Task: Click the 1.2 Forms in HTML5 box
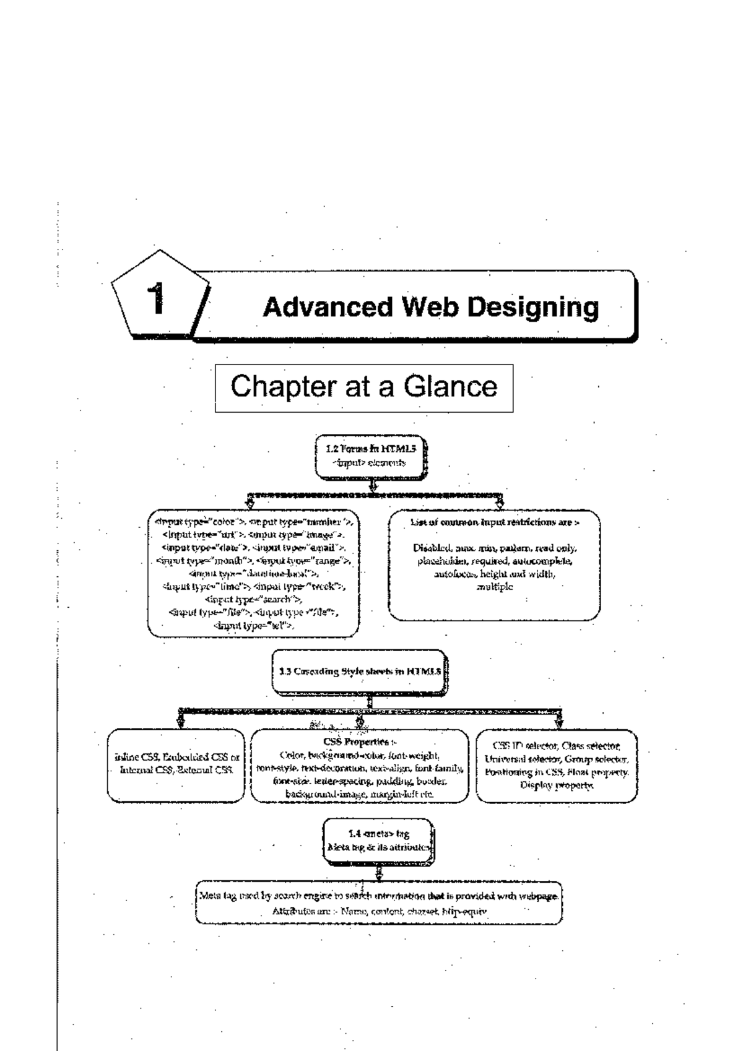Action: tap(370, 456)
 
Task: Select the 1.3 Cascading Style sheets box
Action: tap(359, 671)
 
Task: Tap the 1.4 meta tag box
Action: tap(378, 841)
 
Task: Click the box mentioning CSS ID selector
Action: tap(556, 765)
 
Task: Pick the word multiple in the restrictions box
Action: tap(494, 587)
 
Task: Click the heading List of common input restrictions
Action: tap(494, 522)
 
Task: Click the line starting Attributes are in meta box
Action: tap(380, 912)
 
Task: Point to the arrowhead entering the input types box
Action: tap(250, 504)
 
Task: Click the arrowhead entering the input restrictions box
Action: tap(500, 504)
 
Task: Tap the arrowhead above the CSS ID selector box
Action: tap(558, 722)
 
